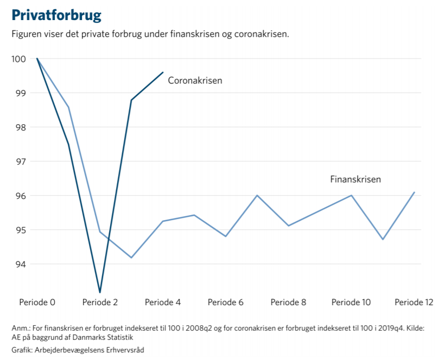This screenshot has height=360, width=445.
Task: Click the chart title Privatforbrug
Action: (56, 15)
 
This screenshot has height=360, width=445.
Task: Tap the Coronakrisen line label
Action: (195, 80)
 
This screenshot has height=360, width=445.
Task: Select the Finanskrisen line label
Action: (355, 179)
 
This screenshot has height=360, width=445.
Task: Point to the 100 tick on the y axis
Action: (19, 59)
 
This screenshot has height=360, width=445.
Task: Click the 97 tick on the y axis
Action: (21, 162)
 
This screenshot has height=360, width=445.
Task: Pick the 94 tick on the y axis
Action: (21, 264)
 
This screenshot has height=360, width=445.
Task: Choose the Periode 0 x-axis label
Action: (37, 302)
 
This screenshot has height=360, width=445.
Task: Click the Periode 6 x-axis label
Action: (226, 302)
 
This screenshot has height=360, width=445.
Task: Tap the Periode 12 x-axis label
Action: (414, 302)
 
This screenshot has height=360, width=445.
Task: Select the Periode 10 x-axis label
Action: (351, 302)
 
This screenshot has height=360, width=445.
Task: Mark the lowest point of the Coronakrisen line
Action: (100, 292)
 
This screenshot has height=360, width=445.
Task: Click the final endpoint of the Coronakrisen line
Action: (163, 72)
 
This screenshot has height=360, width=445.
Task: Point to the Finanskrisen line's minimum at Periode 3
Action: (131, 258)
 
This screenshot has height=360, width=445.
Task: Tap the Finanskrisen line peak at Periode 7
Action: (257, 195)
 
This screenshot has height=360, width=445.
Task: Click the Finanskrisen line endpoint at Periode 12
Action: (415, 192)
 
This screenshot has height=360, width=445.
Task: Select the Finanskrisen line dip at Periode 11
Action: (383, 239)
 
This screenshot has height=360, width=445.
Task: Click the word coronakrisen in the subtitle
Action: (262, 34)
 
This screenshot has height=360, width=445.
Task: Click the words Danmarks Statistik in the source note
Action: (103, 337)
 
